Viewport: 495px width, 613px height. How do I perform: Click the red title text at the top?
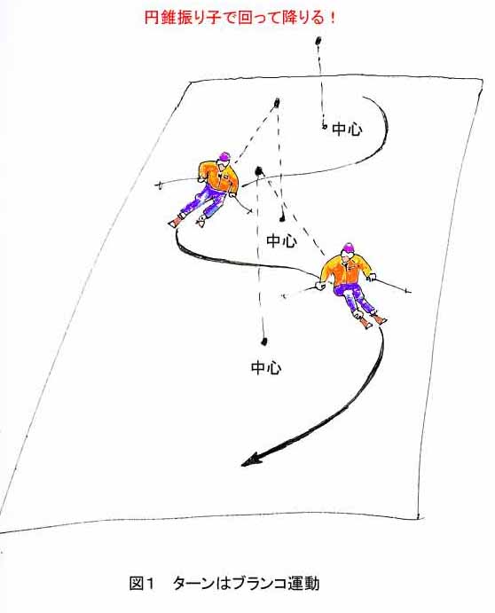(x=240, y=18)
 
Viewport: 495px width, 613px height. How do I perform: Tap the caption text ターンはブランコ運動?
(x=246, y=584)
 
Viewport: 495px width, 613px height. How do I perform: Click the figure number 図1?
(x=142, y=584)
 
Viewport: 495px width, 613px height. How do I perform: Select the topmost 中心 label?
(x=347, y=130)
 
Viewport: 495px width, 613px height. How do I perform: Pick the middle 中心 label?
(x=281, y=240)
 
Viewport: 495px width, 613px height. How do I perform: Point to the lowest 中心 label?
(x=266, y=368)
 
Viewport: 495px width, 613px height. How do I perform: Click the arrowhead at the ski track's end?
(x=251, y=460)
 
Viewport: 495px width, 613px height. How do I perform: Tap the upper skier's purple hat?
(x=224, y=156)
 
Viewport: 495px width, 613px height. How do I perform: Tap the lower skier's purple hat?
(x=349, y=248)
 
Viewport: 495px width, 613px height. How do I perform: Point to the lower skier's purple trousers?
(x=355, y=298)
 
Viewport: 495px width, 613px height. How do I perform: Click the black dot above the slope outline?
(x=318, y=41)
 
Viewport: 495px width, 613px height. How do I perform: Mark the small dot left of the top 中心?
(x=324, y=126)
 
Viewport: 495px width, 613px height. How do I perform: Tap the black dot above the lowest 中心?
(x=264, y=342)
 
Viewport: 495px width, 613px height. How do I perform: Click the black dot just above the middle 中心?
(x=281, y=217)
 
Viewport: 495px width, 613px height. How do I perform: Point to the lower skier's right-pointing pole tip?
(x=408, y=291)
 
